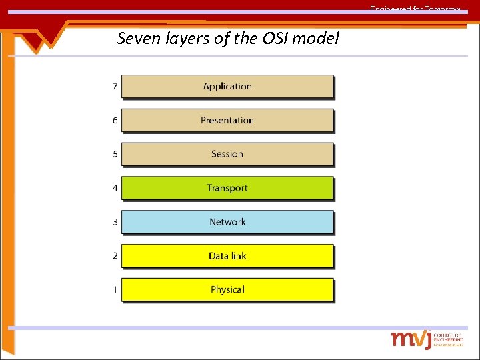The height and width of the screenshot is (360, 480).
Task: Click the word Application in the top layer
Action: (227, 86)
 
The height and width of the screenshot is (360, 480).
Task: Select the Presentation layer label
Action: (227, 120)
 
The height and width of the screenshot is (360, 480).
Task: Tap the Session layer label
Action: (227, 154)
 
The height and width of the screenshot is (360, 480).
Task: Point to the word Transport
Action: (227, 188)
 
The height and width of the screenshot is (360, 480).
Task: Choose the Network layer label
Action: (227, 222)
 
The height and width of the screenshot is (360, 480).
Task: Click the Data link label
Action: (227, 256)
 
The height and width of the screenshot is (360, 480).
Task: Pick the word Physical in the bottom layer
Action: (227, 289)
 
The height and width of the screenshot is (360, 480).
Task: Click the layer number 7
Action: (115, 86)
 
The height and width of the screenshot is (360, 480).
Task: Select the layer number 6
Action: (115, 120)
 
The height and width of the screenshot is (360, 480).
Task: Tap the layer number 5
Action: (115, 154)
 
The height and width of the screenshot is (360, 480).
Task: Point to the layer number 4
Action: (115, 188)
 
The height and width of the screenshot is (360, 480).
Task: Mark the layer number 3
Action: (115, 222)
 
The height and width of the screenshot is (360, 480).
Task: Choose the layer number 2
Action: (115, 256)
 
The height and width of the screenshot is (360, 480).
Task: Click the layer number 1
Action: (115, 289)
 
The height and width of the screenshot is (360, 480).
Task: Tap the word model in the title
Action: (316, 39)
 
